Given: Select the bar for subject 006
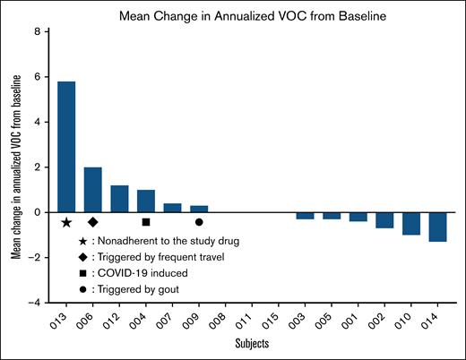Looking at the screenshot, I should click(x=93, y=190).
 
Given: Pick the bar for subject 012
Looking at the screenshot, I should click(x=119, y=199).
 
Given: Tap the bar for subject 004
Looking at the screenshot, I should click(x=146, y=201).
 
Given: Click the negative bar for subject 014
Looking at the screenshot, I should click(x=437, y=227).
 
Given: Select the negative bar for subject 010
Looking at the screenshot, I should click(x=411, y=223).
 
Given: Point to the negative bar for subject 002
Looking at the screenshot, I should click(x=384, y=220).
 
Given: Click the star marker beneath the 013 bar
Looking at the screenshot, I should click(x=66, y=222).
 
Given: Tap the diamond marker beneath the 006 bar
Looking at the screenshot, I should click(x=93, y=222).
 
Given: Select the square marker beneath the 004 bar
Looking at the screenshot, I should click(x=146, y=222).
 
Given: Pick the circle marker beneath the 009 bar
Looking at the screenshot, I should click(x=199, y=222).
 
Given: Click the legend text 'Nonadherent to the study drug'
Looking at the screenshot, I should click(x=166, y=241).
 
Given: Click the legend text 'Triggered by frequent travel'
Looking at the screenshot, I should click(x=161, y=257).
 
